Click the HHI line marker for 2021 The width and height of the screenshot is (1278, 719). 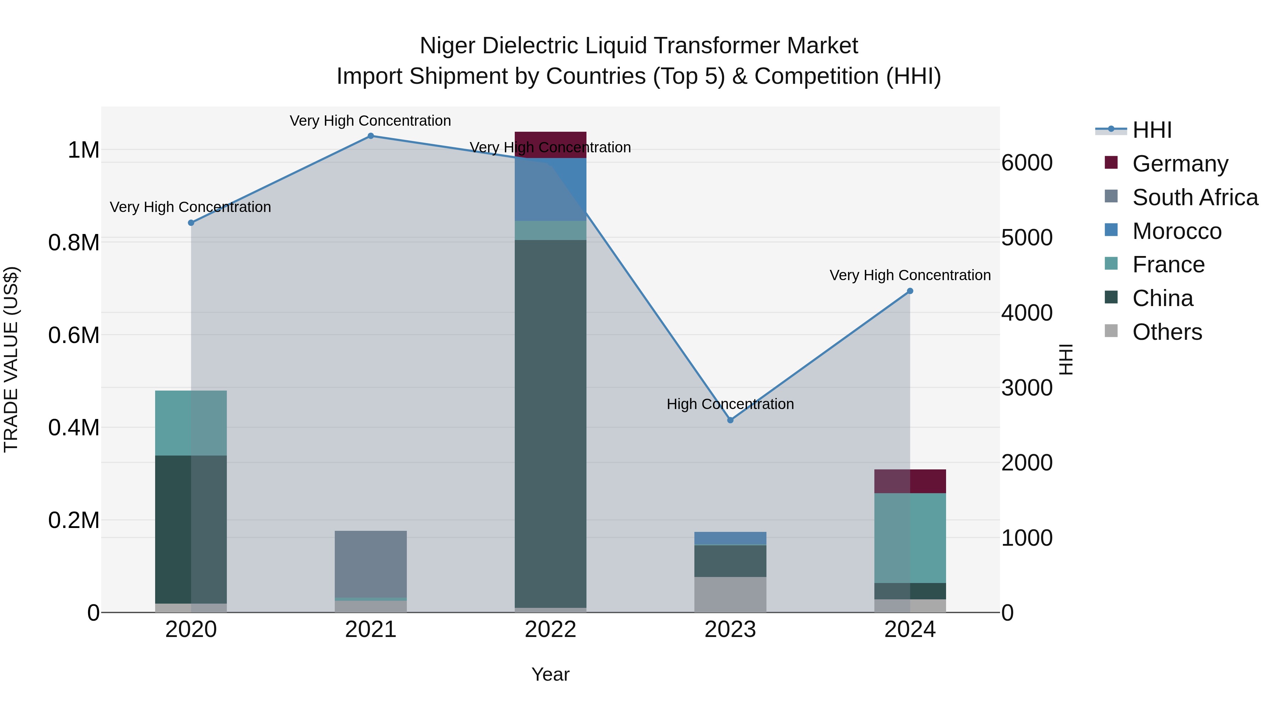pyautogui.click(x=371, y=136)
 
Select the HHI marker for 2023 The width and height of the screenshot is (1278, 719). pyautogui.click(x=730, y=420)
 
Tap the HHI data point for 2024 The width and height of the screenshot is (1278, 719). pyautogui.click(x=910, y=291)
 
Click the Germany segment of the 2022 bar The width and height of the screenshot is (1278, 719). pyautogui.click(x=550, y=145)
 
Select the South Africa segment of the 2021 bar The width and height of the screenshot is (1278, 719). pyautogui.click(x=371, y=564)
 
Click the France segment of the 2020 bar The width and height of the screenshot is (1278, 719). pyautogui.click(x=191, y=423)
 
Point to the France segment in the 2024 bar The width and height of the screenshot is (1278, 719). pyautogui.click(x=910, y=538)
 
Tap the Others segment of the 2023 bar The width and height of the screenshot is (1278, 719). pyautogui.click(x=730, y=594)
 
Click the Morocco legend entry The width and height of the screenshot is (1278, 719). pyautogui.click(x=1176, y=231)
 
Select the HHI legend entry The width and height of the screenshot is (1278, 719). pyautogui.click(x=1152, y=130)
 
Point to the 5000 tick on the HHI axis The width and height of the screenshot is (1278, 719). pyautogui.click(x=1026, y=238)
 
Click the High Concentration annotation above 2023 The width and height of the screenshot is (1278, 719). pyautogui.click(x=730, y=404)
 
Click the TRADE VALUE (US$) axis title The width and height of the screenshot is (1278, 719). pyautogui.click(x=11, y=359)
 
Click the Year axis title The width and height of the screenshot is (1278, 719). pyautogui.click(x=550, y=674)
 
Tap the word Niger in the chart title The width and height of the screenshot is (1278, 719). pyautogui.click(x=448, y=46)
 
